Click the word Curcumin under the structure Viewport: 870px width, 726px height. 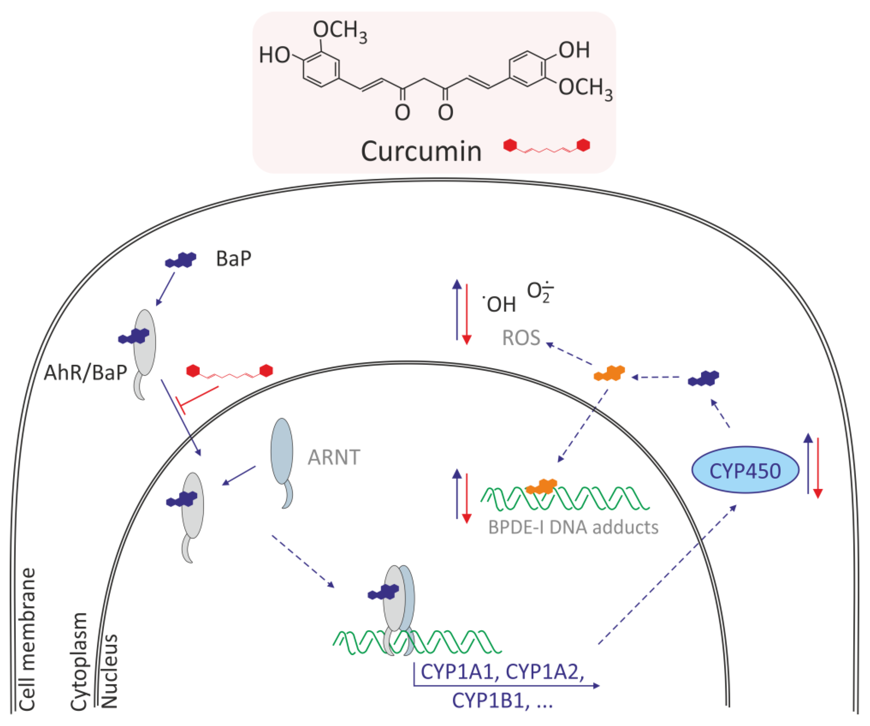(421, 152)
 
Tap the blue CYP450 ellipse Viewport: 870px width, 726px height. (745, 470)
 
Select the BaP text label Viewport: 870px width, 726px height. (233, 259)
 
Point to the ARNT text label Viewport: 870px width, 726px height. (334, 458)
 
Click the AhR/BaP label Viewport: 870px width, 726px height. (85, 373)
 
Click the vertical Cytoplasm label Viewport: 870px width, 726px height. (79, 661)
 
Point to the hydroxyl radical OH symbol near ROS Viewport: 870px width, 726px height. (500, 304)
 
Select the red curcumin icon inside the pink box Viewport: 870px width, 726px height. (546, 146)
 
